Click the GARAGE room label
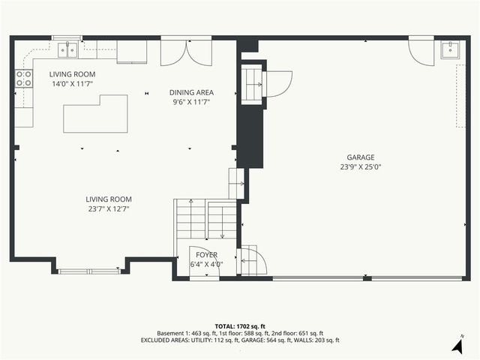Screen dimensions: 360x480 [360, 157]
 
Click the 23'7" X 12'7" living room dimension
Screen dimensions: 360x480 [109, 209]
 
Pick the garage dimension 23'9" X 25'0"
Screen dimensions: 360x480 [360, 168]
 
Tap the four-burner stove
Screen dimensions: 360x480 [24, 78]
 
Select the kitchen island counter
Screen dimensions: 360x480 [96, 114]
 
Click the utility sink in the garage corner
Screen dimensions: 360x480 [451, 49]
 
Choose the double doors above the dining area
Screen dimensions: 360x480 [187, 52]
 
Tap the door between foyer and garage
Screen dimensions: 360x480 [253, 261]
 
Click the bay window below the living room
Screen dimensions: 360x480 [89, 270]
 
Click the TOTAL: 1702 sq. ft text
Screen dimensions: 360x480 [239, 326]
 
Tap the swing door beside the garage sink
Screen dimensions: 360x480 [419, 49]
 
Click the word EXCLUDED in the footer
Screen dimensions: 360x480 [157, 340]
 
